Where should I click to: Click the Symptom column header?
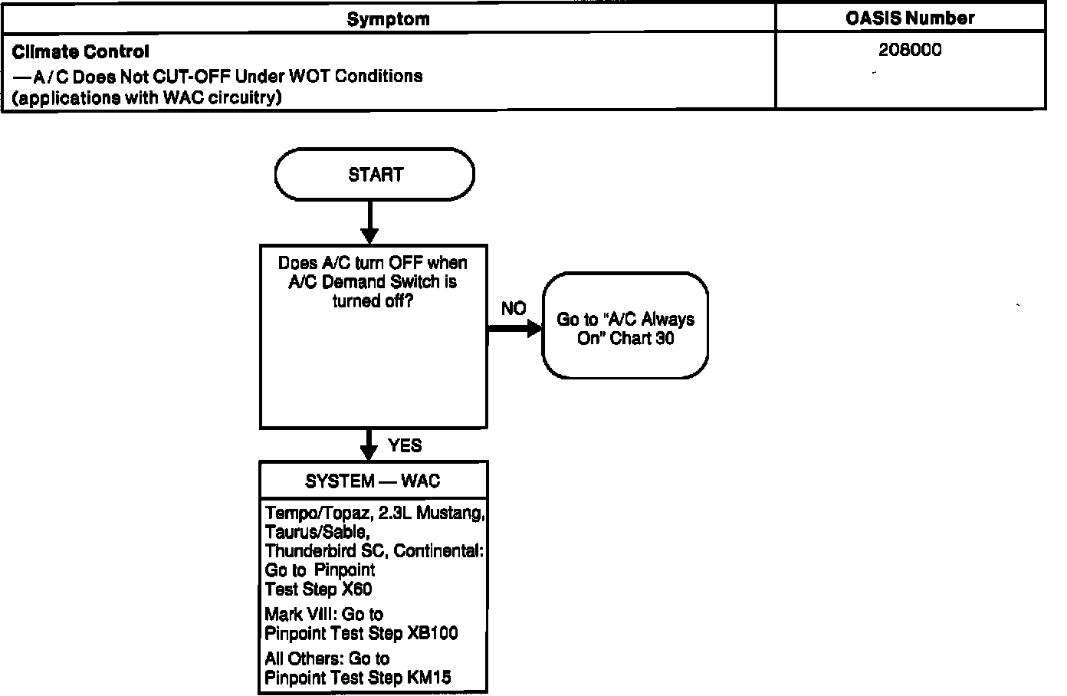point(388,19)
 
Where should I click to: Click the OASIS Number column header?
point(910,18)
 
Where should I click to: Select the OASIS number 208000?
point(910,51)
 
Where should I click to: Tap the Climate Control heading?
point(80,52)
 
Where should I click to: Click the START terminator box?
point(374,175)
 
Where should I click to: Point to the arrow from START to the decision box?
point(369,222)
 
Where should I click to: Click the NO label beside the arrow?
point(514,309)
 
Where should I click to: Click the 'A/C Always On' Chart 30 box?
point(625,327)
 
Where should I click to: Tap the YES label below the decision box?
point(405,446)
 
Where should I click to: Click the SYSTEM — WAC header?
point(373,481)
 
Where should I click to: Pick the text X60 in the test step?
point(357,589)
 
